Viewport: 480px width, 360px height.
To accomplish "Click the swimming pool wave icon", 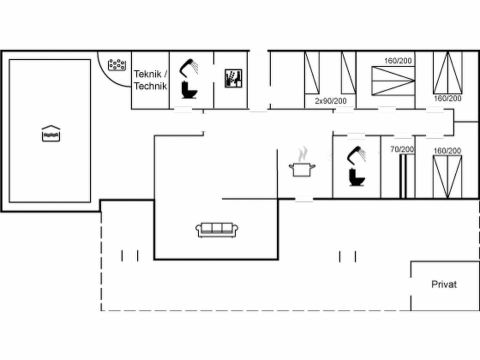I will pyautogui.click(x=51, y=133).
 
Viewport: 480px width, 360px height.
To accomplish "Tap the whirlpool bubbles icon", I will pyautogui.click(x=117, y=65).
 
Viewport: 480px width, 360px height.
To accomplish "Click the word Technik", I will pyautogui.click(x=150, y=85).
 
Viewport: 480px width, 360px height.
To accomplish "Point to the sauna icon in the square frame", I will pyautogui.click(x=233, y=78).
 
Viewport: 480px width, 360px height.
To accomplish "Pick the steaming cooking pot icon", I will pyautogui.click(x=302, y=163).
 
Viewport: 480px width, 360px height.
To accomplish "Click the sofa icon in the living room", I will pyautogui.click(x=216, y=229).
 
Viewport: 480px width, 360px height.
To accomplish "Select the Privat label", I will pyautogui.click(x=444, y=284).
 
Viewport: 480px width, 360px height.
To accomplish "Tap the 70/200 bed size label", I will pyautogui.click(x=401, y=149).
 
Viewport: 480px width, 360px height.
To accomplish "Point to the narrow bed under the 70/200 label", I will pyautogui.click(x=403, y=175).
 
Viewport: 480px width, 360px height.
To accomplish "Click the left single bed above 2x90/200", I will pyautogui.click(x=312, y=72).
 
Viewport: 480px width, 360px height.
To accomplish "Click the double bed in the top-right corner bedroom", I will pyautogui.click(x=447, y=72).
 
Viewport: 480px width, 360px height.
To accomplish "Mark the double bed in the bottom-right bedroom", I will pyautogui.click(x=447, y=176).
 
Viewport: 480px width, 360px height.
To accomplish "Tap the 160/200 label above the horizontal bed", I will pyautogui.click(x=398, y=61).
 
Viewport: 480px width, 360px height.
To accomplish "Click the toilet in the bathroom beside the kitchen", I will pyautogui.click(x=356, y=177).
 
